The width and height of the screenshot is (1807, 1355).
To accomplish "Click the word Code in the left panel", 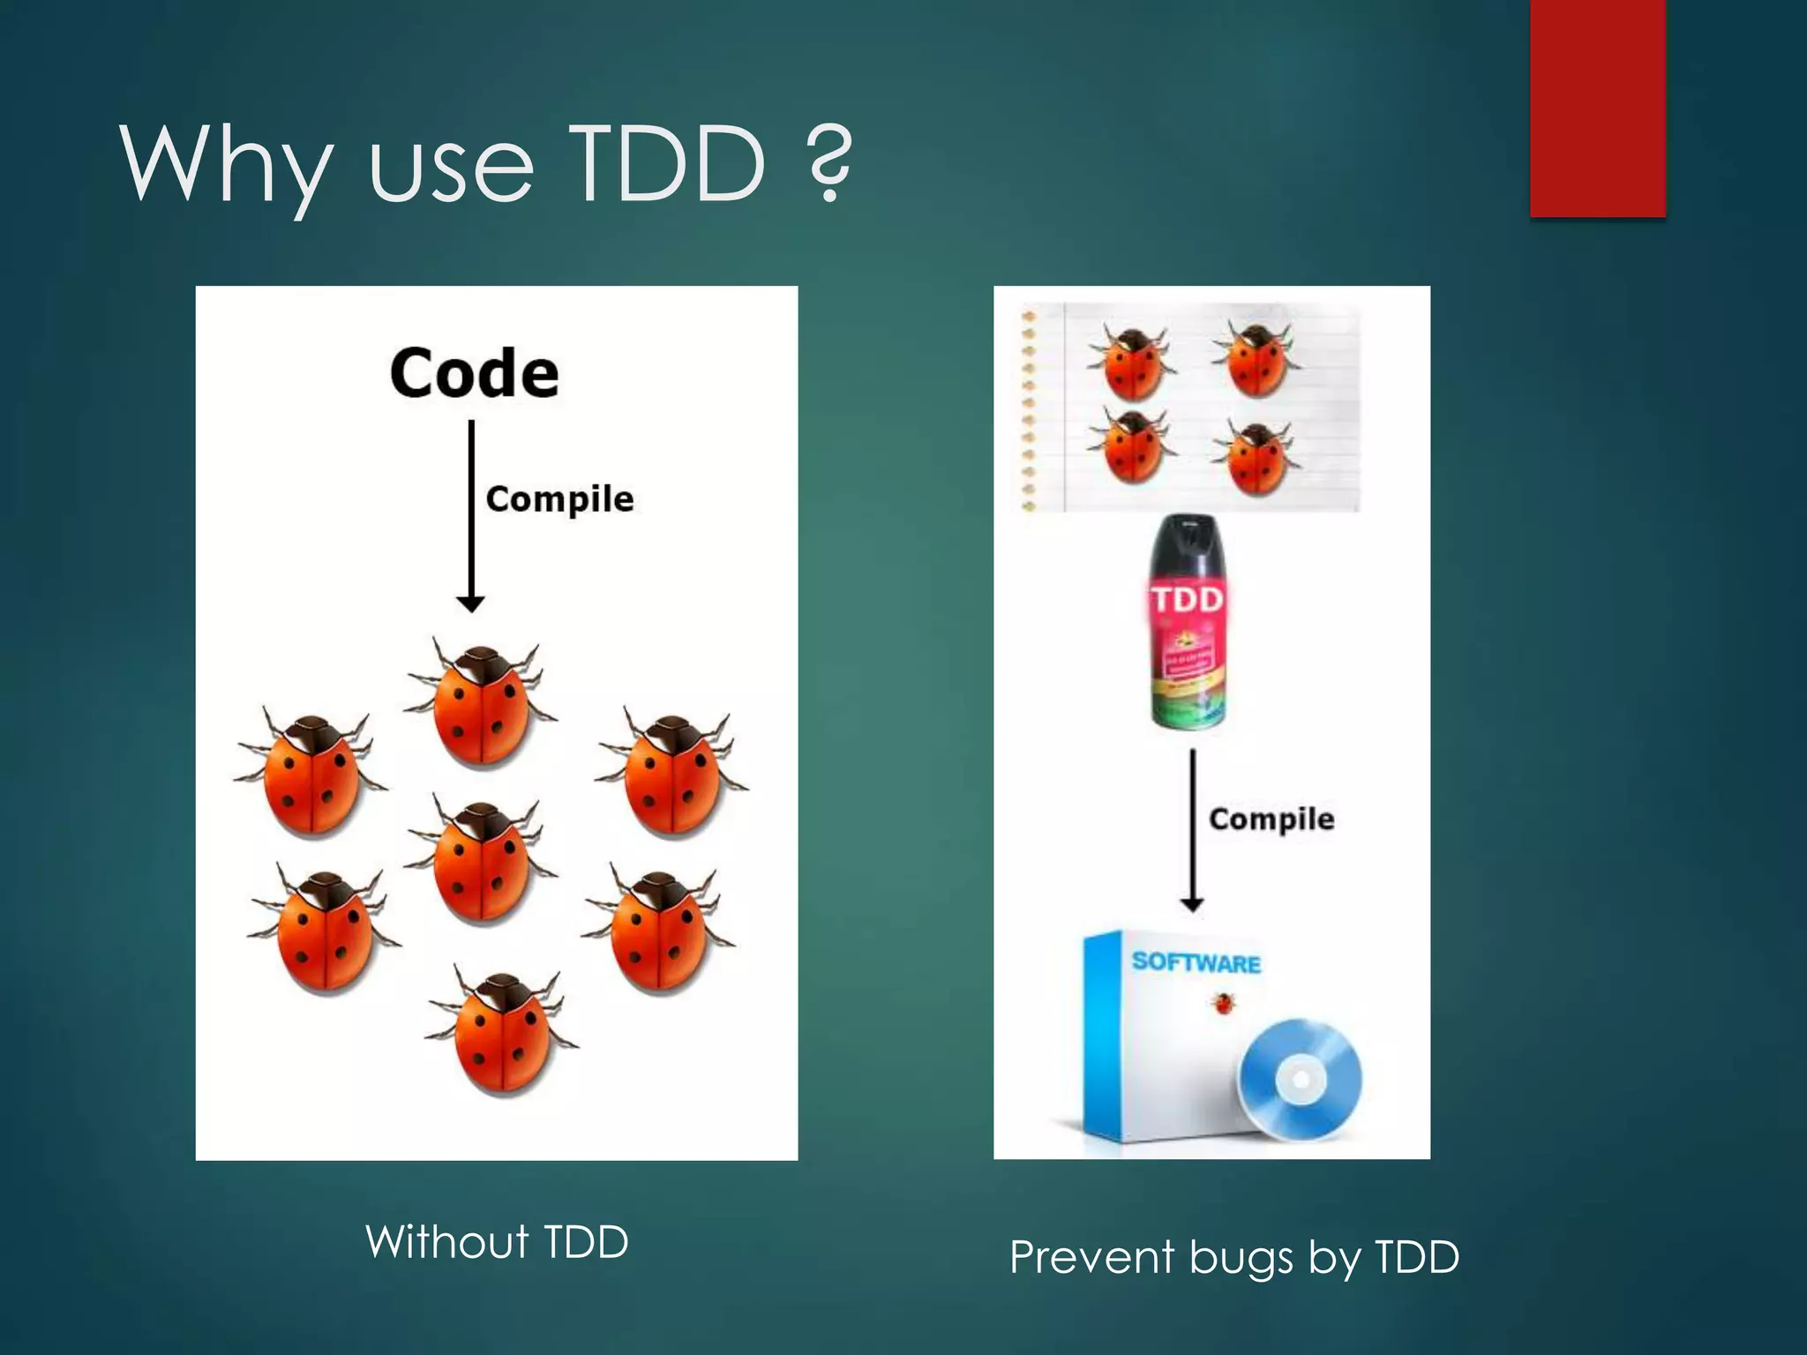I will point(474,373).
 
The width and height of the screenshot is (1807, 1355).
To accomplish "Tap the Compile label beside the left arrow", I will point(559,499).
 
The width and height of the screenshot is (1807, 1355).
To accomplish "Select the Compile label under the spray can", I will point(1271,820).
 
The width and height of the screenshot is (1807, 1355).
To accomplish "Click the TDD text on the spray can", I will point(1188,600).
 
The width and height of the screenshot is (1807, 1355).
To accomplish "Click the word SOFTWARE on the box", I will point(1196,962).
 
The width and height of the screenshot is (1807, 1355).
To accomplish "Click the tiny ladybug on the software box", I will point(1222,1003).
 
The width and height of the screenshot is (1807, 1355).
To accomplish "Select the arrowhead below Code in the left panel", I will point(470,604).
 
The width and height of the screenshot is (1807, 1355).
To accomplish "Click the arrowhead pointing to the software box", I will point(1192,904).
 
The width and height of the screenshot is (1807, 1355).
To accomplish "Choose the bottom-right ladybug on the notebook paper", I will point(1256,455).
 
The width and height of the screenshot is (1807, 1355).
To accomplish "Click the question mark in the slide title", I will point(829,163).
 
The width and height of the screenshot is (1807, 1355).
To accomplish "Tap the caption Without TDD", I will point(497,1242).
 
